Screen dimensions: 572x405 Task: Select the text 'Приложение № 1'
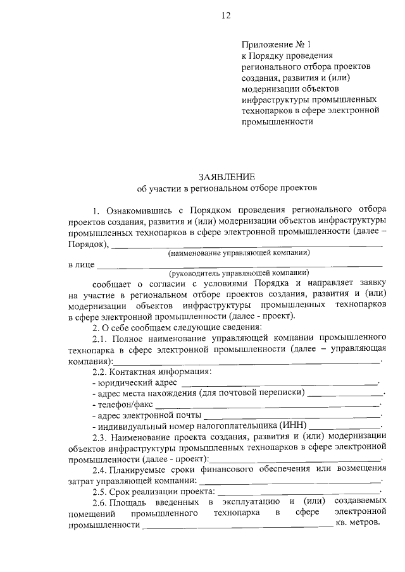click(276, 45)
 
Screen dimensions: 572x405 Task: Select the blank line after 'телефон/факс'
click(266, 405)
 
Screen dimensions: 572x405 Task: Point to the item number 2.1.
click(101, 339)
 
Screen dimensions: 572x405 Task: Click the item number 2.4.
click(101, 469)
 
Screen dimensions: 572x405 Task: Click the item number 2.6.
click(101, 502)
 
